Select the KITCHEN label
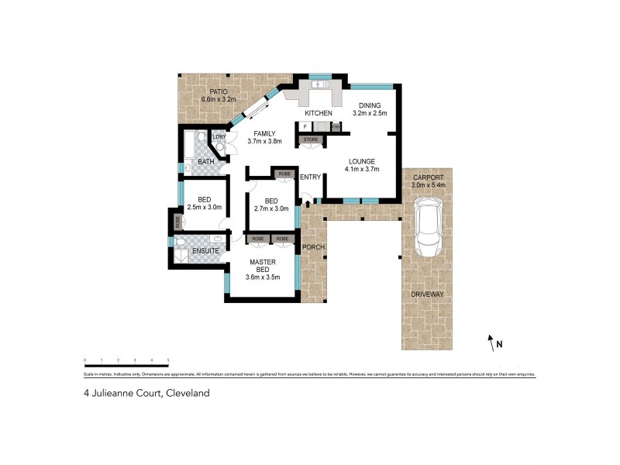[318, 114]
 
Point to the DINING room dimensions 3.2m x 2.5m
[369, 114]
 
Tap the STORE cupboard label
[311, 140]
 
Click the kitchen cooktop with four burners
[321, 126]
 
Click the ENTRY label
[311, 177]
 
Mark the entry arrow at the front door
[309, 202]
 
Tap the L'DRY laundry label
[209, 137]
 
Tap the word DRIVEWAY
[427, 295]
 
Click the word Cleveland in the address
[185, 393]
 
